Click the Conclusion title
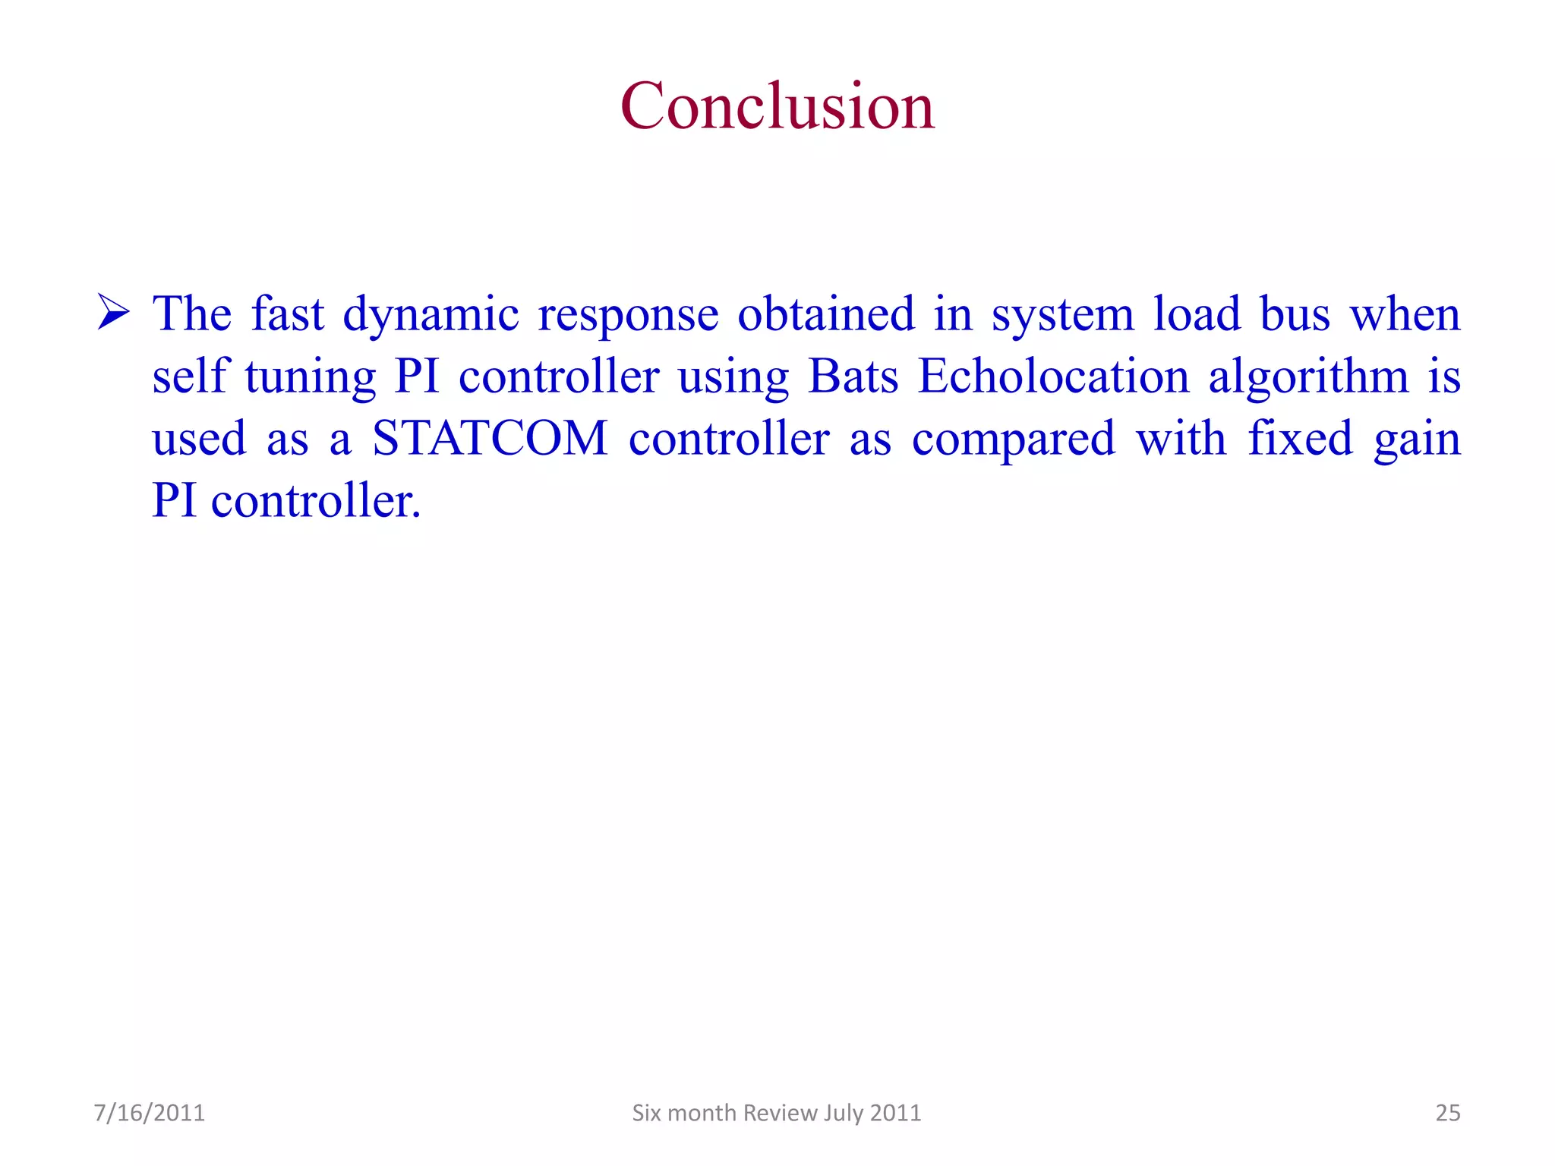[777, 106]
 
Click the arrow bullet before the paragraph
[114, 313]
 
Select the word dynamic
[431, 314]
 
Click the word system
[1062, 314]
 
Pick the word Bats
[853, 376]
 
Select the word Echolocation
[1053, 376]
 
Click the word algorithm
[1308, 377]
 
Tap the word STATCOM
[490, 438]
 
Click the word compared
[1013, 440]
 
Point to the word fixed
[1300, 438]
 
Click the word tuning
[310, 377]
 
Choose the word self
[190, 376]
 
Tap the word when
[1405, 314]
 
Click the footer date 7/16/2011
[150, 1113]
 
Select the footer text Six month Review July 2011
[776, 1113]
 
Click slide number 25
[1447, 1113]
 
